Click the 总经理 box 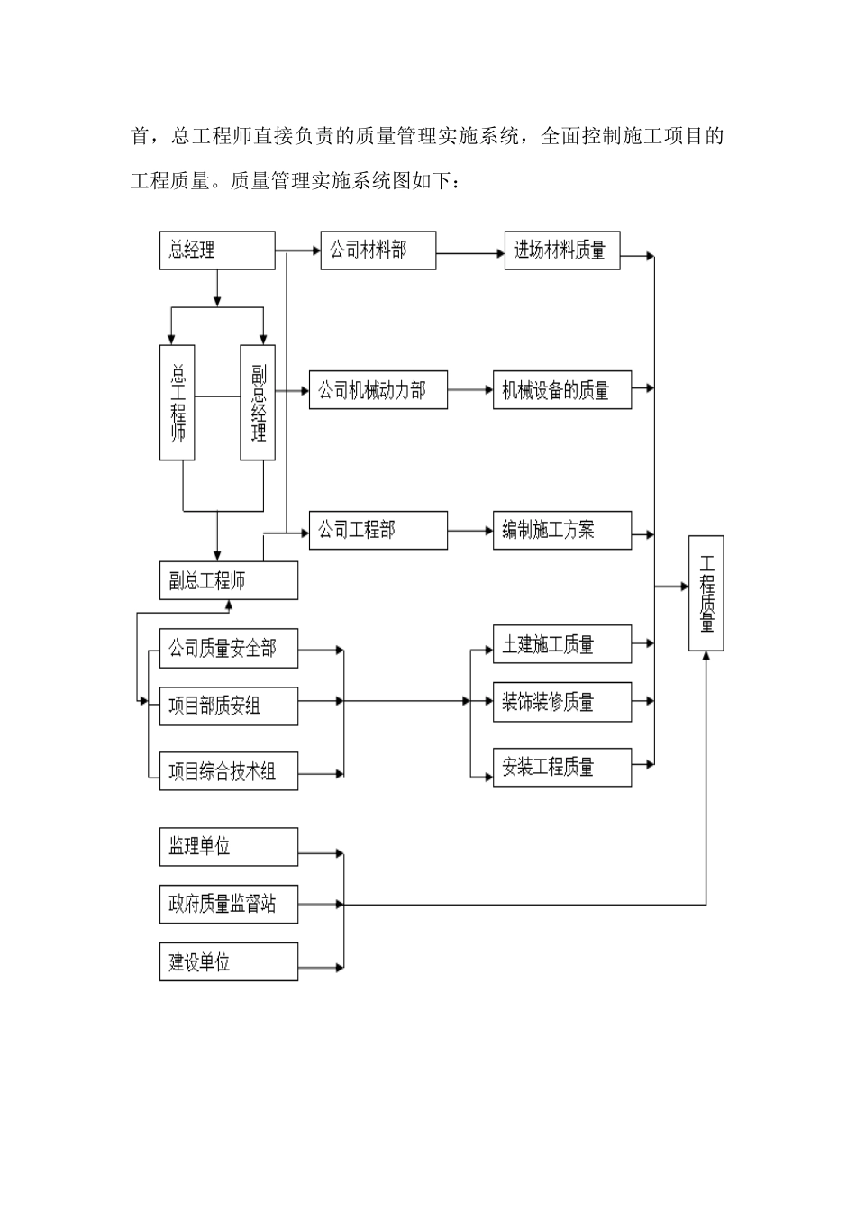point(217,250)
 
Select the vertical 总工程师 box point(178,403)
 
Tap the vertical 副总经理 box point(258,403)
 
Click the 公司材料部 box point(378,250)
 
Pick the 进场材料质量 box point(561,250)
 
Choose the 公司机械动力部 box point(378,390)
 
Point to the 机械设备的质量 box point(561,390)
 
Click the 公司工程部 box point(378,531)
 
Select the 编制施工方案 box point(561,531)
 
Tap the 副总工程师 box point(229,581)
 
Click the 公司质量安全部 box point(229,649)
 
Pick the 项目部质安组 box point(229,706)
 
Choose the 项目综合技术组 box point(229,771)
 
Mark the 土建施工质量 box point(561,644)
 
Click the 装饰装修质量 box point(561,702)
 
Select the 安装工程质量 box point(561,767)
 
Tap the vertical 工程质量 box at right point(706,593)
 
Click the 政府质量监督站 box point(229,904)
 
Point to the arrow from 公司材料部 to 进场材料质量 point(469,254)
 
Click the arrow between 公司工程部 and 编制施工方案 point(469,531)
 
